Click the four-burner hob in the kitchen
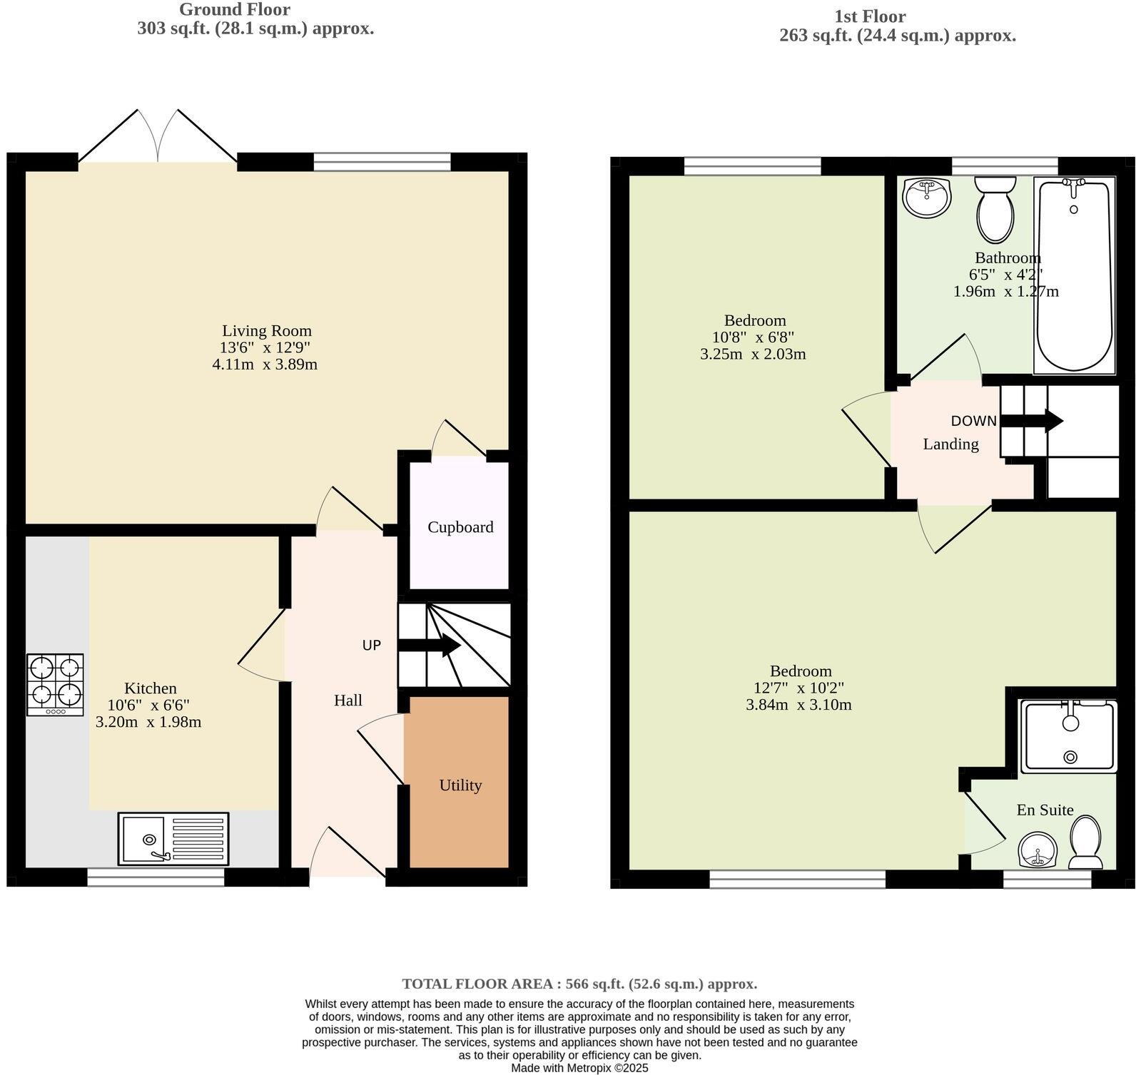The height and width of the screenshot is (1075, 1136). tap(55, 684)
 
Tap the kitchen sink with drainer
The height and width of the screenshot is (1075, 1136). tap(173, 839)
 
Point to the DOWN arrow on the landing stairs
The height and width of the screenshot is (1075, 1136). tap(1032, 420)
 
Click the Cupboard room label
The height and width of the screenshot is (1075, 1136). tap(460, 527)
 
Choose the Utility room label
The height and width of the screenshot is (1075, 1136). tap(460, 785)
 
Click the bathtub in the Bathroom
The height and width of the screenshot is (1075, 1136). tap(1074, 275)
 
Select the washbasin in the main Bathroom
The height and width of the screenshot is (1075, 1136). tap(926, 197)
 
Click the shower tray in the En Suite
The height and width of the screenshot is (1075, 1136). tap(1068, 737)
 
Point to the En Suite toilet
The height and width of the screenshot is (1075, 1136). tap(1085, 842)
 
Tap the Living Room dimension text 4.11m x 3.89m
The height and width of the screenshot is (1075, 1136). tap(265, 365)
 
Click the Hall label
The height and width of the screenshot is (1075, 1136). tap(348, 700)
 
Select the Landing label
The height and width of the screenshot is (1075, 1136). tap(950, 444)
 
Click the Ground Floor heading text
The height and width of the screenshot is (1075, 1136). tap(234, 10)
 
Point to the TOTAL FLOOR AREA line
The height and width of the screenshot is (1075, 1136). tap(579, 984)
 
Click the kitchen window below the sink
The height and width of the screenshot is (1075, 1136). tap(156, 877)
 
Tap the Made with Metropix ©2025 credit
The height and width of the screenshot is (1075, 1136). tap(579, 1068)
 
